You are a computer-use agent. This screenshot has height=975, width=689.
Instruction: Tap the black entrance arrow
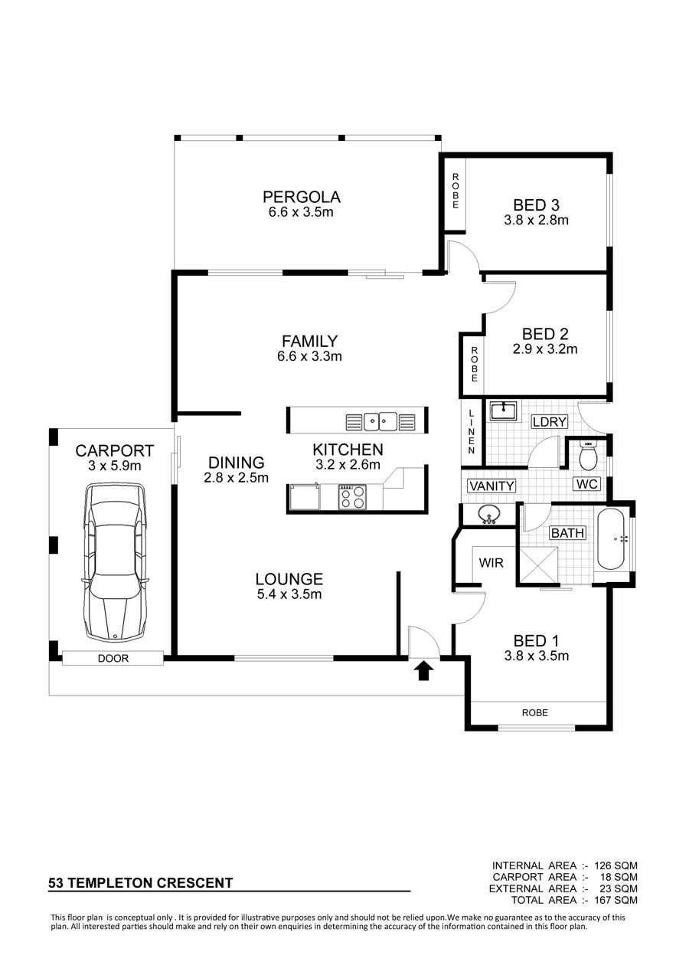click(424, 670)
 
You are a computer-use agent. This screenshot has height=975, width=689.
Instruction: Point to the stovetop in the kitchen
click(352, 496)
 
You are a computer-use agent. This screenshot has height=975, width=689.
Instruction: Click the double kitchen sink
click(380, 421)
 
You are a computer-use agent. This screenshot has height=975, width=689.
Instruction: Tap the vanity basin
click(489, 515)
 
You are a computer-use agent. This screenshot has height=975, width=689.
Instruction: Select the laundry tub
click(503, 411)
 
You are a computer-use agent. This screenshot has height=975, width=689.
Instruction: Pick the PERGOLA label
click(301, 197)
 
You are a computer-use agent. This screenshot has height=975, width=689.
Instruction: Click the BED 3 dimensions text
click(536, 220)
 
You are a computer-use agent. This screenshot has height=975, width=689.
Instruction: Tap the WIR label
click(491, 563)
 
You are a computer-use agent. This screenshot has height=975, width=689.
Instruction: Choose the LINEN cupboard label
click(472, 432)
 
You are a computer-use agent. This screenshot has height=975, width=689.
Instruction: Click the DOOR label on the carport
click(113, 659)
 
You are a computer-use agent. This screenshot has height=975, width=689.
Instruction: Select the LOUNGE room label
click(289, 579)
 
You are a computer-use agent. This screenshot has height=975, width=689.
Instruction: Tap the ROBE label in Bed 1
click(535, 712)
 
